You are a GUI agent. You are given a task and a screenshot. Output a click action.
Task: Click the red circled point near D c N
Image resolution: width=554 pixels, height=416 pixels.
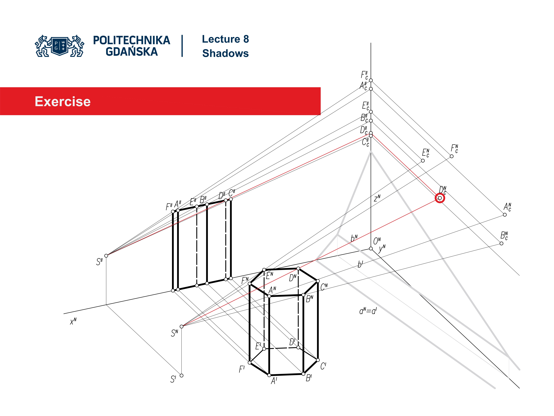coord(440,198)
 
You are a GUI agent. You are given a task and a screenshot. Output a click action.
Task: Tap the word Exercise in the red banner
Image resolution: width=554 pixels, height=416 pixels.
coord(63,102)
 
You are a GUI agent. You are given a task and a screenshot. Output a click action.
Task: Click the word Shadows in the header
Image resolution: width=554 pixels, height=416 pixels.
coord(225,53)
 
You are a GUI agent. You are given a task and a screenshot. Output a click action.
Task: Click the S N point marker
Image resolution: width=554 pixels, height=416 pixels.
coord(182,326)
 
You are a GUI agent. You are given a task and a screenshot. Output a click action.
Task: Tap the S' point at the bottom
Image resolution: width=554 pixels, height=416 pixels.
coord(182,375)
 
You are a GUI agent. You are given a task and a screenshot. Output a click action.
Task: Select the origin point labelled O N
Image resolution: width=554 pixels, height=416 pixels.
coord(371,248)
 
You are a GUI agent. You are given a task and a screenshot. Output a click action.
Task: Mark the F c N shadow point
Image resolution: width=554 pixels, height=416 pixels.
coord(452,156)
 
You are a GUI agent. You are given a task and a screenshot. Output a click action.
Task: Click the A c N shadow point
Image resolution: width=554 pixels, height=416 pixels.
coord(505,215)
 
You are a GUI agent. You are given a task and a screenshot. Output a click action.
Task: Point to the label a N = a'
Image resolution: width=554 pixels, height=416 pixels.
coord(368,311)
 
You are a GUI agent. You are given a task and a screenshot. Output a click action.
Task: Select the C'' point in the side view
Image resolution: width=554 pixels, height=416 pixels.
coord(231,199)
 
